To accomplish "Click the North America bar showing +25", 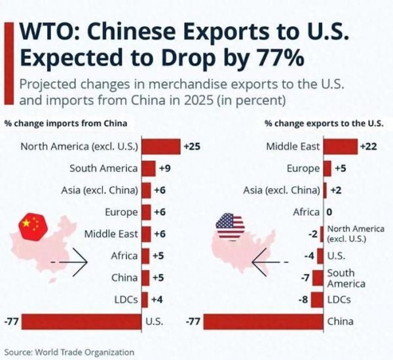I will click(x=161, y=146).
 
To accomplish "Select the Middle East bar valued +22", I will click(x=341, y=146).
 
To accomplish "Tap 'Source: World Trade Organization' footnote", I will click(x=69, y=351).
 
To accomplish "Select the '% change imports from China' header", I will click(x=56, y=123).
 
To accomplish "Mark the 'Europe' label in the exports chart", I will click(x=303, y=169).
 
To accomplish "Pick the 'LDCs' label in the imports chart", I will click(x=125, y=299).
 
